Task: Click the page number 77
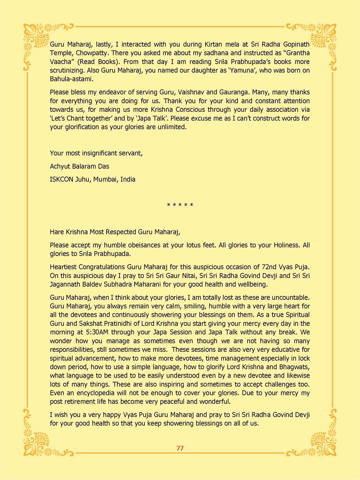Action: coord(180,448)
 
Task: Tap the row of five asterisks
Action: coord(180,205)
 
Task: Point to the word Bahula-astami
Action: coord(71,79)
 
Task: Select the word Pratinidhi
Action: coord(118,323)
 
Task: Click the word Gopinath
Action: coord(296,44)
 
